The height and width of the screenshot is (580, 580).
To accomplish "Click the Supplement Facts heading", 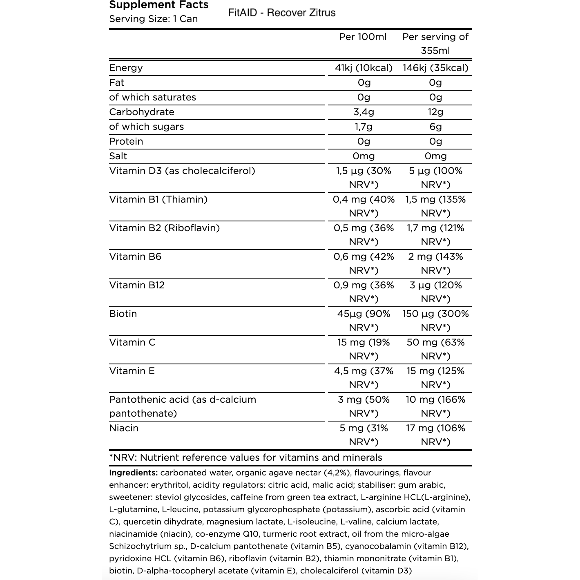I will (159, 5).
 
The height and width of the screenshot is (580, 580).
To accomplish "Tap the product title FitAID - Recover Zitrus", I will (282, 13).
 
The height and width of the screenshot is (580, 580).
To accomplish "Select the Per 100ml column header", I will (363, 37).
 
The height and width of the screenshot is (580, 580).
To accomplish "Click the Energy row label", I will (126, 68).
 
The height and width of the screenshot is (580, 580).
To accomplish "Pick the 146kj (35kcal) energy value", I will (435, 68).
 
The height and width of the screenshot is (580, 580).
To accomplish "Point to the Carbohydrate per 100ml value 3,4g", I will (364, 112).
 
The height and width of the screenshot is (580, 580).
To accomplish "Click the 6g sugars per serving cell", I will (435, 127).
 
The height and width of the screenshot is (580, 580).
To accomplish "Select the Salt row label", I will (118, 156).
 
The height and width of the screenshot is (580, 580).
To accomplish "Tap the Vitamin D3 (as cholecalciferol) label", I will (182, 171).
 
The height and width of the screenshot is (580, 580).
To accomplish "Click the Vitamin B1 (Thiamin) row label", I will (158, 199).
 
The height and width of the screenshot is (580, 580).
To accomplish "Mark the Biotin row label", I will (123, 314).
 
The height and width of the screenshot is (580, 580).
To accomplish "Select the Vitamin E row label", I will (132, 371).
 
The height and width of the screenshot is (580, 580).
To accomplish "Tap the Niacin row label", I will (124, 428).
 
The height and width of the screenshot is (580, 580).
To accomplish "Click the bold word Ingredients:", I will (133, 473).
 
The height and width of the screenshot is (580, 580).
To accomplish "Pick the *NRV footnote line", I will (245, 457).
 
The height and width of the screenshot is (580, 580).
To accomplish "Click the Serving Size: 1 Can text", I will (154, 19).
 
